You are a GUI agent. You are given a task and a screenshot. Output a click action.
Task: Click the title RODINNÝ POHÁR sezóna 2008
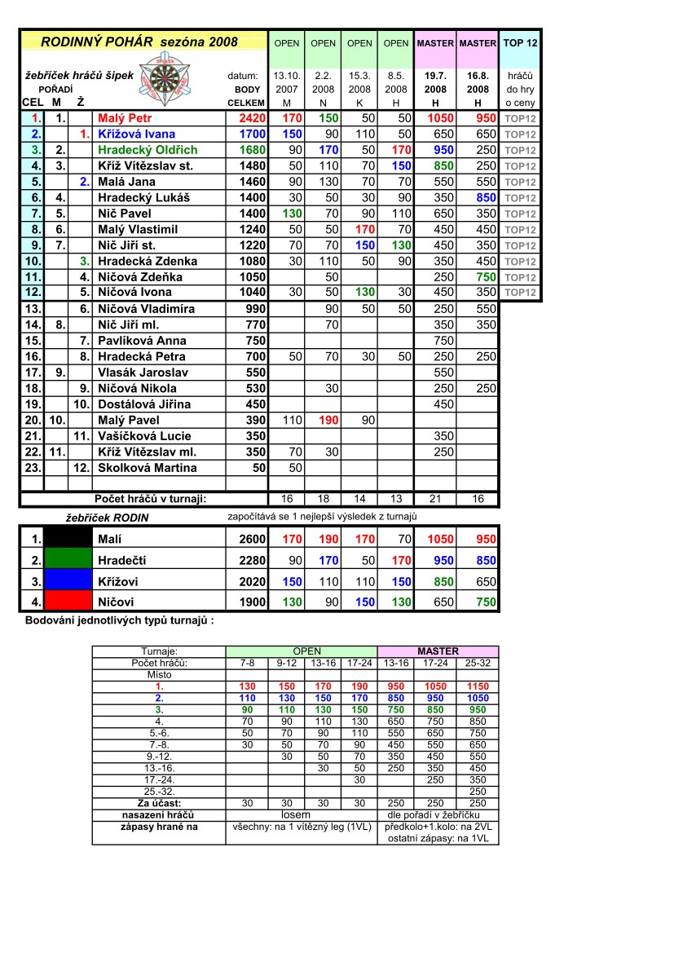click(139, 42)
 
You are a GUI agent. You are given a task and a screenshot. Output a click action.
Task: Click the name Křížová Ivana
click(136, 134)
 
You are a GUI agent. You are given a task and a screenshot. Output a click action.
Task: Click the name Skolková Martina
click(147, 468)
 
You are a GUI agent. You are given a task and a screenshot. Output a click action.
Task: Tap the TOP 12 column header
click(520, 42)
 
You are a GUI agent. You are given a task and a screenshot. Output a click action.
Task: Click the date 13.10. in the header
click(286, 75)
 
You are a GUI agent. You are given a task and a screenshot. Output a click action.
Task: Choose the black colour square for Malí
click(68, 538)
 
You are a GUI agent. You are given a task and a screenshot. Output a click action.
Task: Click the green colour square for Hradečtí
click(68, 560)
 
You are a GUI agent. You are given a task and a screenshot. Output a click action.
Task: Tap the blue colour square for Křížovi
click(68, 581)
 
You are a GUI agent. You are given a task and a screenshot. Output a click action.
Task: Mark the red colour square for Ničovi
click(68, 602)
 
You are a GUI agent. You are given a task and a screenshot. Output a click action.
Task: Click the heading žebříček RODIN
click(107, 517)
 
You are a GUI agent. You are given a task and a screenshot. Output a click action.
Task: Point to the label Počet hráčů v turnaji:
click(150, 499)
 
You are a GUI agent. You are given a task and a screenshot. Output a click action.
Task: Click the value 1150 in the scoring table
click(478, 686)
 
